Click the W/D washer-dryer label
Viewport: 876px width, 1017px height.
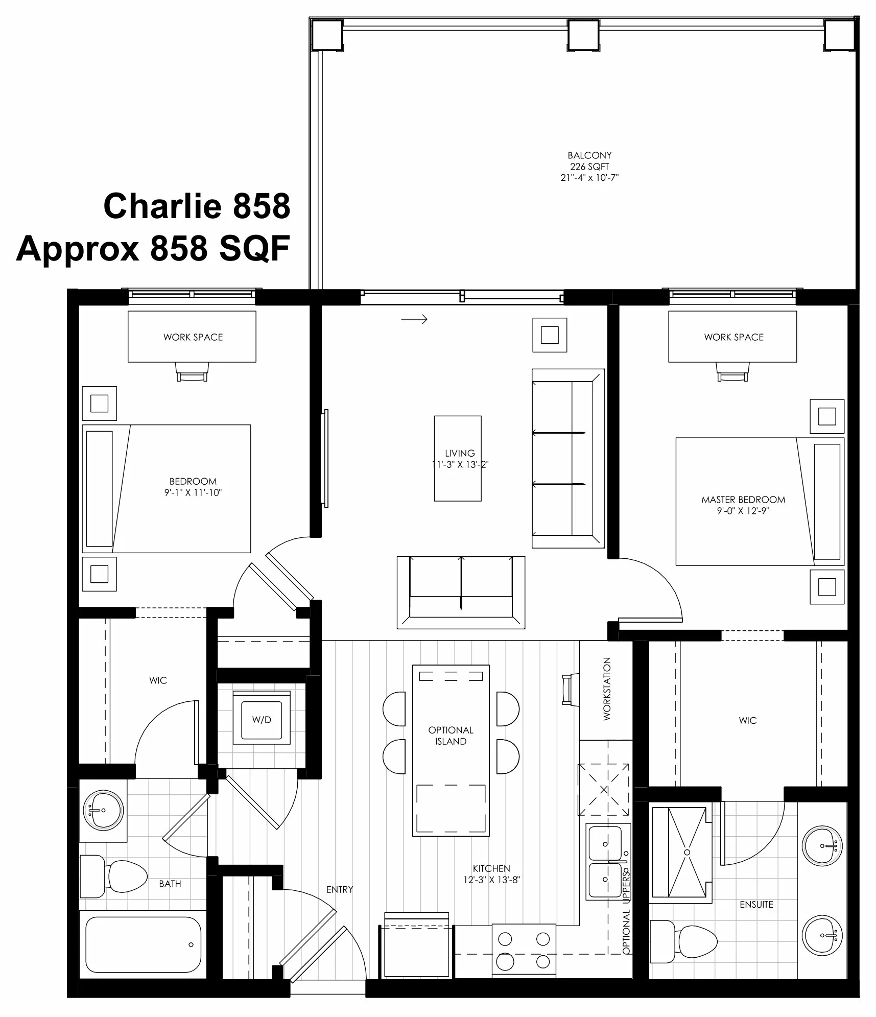tap(262, 720)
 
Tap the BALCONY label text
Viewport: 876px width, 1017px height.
tap(589, 155)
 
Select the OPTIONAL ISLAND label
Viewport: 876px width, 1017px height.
tap(451, 736)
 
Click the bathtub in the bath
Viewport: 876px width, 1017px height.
tap(144, 945)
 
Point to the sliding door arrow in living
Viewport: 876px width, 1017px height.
tap(414, 319)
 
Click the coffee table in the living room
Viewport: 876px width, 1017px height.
tap(458, 458)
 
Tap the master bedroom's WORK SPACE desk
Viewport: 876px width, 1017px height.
tap(732, 337)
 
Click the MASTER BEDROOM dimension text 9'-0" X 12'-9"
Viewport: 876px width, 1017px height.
tap(743, 511)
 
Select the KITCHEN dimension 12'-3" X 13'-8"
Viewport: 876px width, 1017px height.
tap(491, 880)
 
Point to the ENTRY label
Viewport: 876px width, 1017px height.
tap(340, 889)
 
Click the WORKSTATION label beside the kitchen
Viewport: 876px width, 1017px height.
tap(607, 689)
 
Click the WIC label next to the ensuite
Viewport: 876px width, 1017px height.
tap(747, 720)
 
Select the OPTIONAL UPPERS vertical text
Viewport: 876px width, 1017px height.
tap(626, 912)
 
